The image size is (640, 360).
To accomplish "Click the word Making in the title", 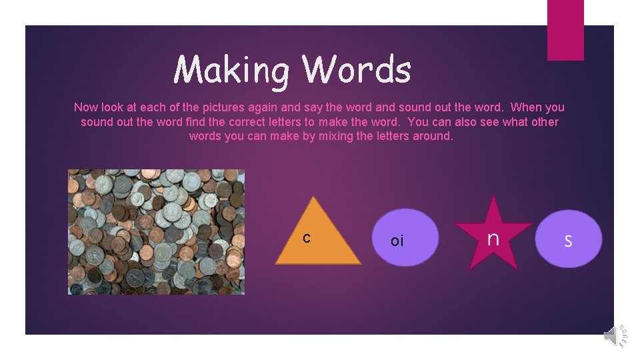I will coord(231,70).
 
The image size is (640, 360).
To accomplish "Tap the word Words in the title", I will coord(356,69).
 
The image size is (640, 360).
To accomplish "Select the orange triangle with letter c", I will coord(317,237).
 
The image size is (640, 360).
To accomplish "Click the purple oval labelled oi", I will coord(405,238).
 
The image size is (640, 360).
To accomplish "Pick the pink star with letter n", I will coord(493,236).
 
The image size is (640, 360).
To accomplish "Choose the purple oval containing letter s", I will coord(568,239).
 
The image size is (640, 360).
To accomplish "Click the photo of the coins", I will coord(156,231).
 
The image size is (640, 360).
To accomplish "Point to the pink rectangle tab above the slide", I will coord(565,30).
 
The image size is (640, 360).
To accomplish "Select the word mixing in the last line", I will coord(336,137).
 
